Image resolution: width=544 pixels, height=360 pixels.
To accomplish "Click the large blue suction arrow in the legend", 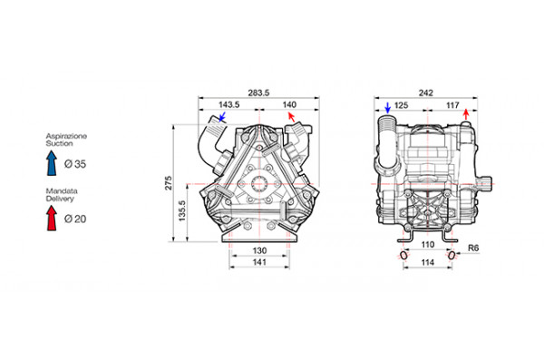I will pyautogui.click(x=53, y=163).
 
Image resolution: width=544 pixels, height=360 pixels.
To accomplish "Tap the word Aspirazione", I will pyautogui.click(x=65, y=135).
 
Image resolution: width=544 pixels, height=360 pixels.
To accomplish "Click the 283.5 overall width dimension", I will pyautogui.click(x=261, y=92).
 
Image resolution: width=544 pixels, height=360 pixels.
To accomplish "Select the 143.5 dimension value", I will pyautogui.click(x=228, y=105).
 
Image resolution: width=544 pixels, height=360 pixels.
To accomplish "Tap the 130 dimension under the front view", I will pyautogui.click(x=258, y=249).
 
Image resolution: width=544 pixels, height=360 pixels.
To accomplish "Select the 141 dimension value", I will pyautogui.click(x=258, y=263).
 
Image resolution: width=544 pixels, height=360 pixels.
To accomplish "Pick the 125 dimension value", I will pyautogui.click(x=402, y=105).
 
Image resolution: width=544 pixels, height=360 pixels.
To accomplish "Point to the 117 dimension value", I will pyautogui.click(x=450, y=105).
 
